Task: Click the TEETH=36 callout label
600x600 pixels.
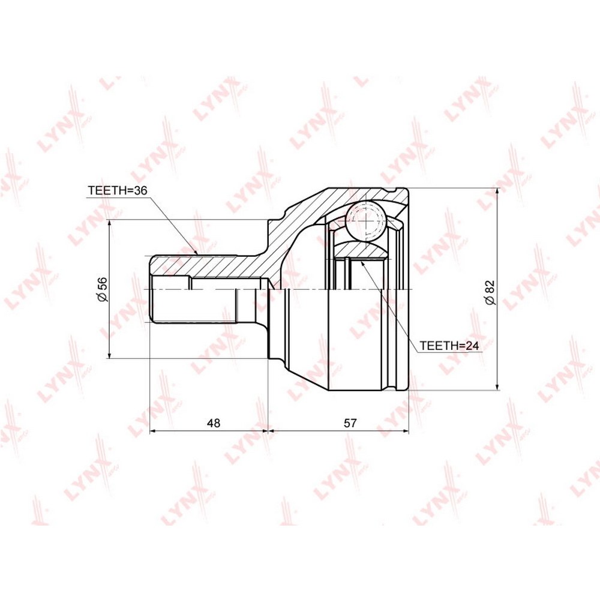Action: tap(118, 191)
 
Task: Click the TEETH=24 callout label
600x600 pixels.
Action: tap(449, 346)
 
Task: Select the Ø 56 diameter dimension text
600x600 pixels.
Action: tap(103, 289)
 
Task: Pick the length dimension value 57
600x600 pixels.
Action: tap(350, 423)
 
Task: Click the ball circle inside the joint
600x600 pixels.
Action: tap(365, 220)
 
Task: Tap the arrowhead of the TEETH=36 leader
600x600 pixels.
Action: tap(196, 252)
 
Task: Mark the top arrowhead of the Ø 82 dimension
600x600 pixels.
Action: tap(497, 193)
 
